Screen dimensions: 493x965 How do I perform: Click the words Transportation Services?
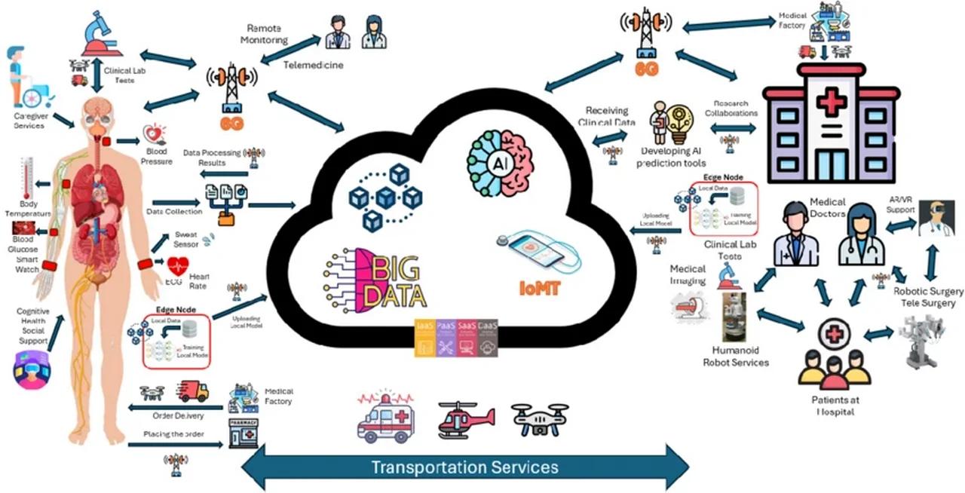[x=464, y=467]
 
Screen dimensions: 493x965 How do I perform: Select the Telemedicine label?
[x=313, y=65]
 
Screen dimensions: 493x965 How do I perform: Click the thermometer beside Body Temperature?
[x=28, y=179]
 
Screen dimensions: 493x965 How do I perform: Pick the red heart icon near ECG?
[x=178, y=266]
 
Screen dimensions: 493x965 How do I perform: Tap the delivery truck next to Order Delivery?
[x=192, y=391]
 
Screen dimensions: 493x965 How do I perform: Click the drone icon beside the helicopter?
[x=539, y=419]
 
